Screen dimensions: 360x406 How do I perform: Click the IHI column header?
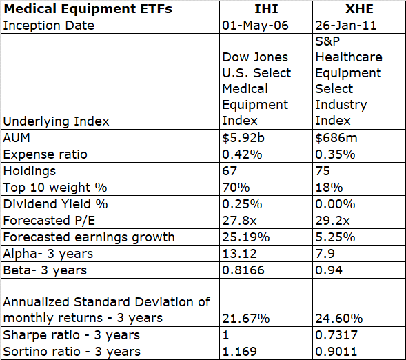pyautogui.click(x=265, y=10)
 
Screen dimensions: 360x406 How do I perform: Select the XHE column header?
pyautogui.click(x=358, y=10)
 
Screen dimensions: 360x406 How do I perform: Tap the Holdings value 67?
pyautogui.click(x=230, y=170)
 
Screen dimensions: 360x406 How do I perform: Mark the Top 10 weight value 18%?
pyautogui.click(x=327, y=187)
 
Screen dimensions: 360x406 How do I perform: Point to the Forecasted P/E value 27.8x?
pyautogui.click(x=239, y=220)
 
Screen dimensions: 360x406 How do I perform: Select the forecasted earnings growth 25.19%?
pyautogui.click(x=245, y=237)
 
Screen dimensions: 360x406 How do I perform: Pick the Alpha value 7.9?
pyautogui.click(x=325, y=253)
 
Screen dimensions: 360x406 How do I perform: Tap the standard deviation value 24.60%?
pyautogui.click(x=339, y=318)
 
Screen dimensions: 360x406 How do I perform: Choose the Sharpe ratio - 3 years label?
pyautogui.click(x=72, y=335)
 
